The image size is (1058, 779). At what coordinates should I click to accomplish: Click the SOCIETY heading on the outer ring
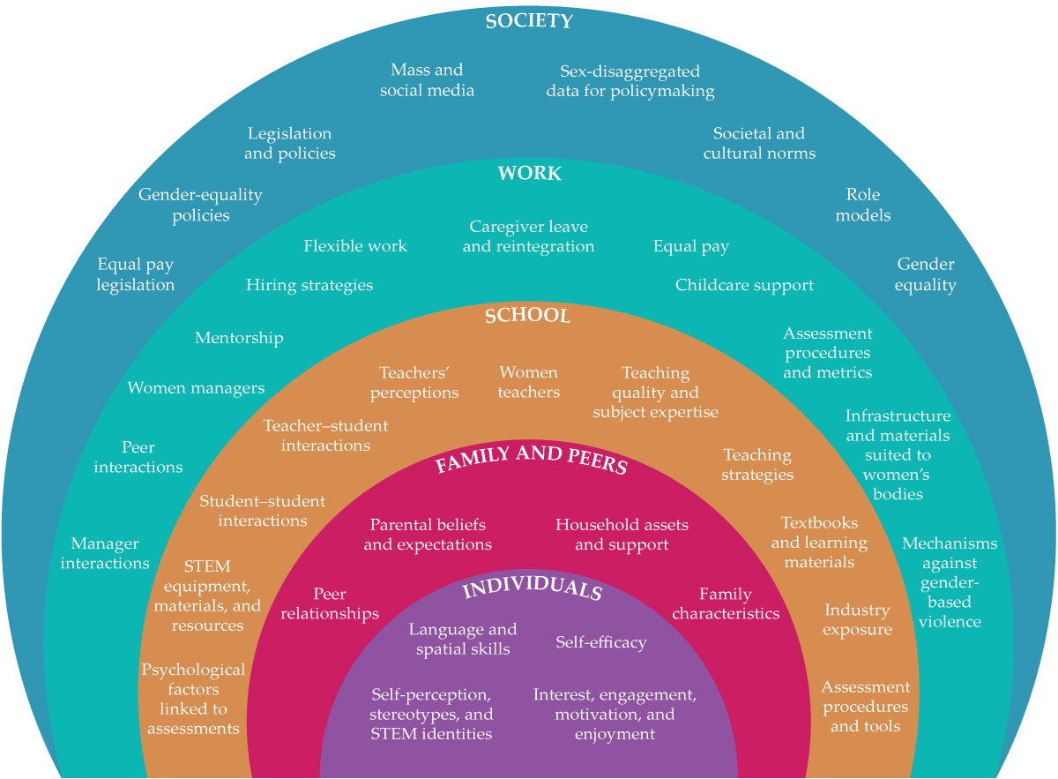(x=529, y=21)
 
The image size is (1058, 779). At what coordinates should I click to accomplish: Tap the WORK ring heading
(x=529, y=174)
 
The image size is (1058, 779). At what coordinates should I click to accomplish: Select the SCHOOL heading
(x=528, y=316)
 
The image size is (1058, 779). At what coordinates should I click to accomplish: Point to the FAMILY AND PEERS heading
(x=531, y=460)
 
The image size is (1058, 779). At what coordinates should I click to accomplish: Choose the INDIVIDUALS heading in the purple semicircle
(x=532, y=590)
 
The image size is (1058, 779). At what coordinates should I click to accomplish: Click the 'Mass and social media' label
(x=427, y=80)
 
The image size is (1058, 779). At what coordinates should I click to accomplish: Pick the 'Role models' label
(x=863, y=205)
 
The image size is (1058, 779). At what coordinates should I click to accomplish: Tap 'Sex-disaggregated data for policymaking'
(x=630, y=80)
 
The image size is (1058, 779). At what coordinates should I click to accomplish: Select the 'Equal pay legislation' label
(x=135, y=274)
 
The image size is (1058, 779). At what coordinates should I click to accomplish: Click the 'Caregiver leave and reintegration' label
(x=528, y=236)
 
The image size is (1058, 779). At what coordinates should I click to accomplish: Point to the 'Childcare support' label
(x=744, y=285)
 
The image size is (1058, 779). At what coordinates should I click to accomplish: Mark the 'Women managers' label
(x=196, y=388)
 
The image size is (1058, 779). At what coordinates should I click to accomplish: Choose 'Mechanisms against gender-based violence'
(x=950, y=582)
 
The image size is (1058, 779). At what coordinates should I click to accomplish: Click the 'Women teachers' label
(x=528, y=382)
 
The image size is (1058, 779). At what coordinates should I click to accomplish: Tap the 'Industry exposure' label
(x=857, y=619)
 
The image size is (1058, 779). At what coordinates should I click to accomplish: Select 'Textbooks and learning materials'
(x=819, y=543)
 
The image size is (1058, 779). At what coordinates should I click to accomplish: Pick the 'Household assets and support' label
(x=622, y=535)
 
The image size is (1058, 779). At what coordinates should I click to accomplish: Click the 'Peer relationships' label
(x=330, y=603)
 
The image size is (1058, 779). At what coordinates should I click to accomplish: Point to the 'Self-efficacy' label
(x=600, y=642)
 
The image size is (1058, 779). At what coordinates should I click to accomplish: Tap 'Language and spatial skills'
(x=463, y=639)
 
